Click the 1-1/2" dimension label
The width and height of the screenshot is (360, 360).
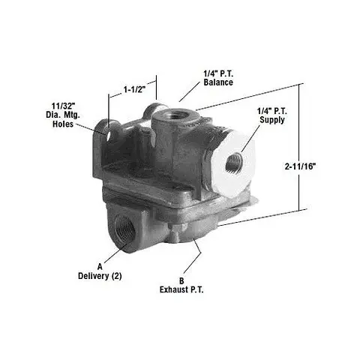click(134, 89)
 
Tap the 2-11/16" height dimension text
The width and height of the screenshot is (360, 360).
click(300, 166)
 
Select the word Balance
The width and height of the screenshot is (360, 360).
click(218, 82)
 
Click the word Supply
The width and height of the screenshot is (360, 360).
click(272, 119)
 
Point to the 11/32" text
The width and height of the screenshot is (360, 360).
click(64, 106)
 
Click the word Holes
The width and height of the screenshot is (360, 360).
click(63, 124)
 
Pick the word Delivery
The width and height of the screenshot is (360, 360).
click(94, 276)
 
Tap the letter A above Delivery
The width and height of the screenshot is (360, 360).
click(100, 267)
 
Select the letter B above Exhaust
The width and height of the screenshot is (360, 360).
click(181, 280)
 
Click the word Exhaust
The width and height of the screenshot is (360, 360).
click(175, 289)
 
